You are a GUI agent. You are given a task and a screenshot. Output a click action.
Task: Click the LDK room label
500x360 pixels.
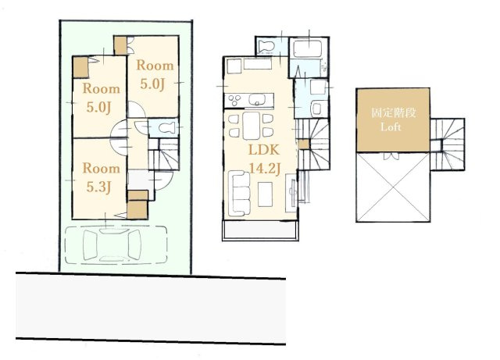click(x=264, y=150)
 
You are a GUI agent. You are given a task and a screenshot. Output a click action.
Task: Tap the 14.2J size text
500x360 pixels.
click(x=264, y=169)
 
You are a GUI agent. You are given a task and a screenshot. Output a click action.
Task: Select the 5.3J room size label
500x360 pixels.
click(x=98, y=187)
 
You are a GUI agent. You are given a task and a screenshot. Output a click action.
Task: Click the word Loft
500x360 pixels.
click(x=391, y=127)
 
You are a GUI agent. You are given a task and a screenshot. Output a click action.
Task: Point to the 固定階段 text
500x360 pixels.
click(x=394, y=112)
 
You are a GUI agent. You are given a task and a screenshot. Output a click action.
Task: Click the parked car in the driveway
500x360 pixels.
click(x=112, y=245)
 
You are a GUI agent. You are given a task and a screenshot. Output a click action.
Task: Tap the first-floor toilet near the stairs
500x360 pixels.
click(x=166, y=128)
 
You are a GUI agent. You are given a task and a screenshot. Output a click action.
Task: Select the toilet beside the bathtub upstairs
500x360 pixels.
click(x=266, y=45)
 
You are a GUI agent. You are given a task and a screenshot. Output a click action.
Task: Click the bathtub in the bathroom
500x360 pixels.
click(x=307, y=48)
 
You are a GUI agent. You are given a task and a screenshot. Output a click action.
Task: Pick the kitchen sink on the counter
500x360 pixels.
click(x=257, y=99)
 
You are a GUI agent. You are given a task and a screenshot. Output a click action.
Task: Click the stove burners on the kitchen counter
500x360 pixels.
click(x=235, y=100)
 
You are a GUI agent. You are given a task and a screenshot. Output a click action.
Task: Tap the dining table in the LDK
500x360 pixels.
click(x=252, y=125)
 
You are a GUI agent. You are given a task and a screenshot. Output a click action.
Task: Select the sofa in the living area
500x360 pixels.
click(x=241, y=193)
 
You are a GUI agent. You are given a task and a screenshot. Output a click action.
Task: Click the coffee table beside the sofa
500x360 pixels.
click(x=266, y=194)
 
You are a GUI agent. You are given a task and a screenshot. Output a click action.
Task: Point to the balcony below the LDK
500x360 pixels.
click(x=260, y=230)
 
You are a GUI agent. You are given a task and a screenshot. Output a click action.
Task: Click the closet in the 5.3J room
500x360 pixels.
click(x=137, y=209)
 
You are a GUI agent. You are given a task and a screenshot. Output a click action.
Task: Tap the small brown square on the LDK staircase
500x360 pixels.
click(x=304, y=144)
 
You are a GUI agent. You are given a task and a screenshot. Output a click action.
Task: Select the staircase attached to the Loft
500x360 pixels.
click(x=447, y=144)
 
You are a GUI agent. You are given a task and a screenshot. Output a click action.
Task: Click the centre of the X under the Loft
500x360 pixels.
click(x=393, y=187)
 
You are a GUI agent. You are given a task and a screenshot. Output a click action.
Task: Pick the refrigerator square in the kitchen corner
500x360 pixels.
click(x=233, y=66)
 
